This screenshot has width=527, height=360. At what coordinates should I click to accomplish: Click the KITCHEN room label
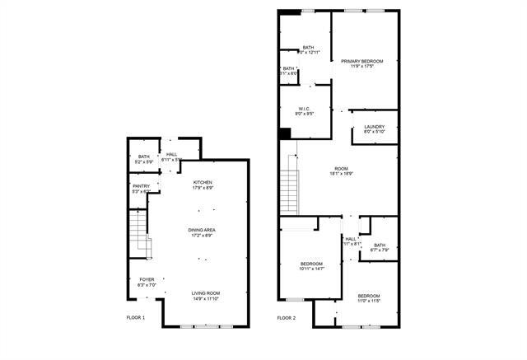203,182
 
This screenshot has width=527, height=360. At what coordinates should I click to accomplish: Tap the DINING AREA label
203,231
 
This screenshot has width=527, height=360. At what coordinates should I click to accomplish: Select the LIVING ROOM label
205,292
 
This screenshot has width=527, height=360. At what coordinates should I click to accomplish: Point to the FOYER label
147,279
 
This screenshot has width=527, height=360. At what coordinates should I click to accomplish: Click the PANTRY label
141,186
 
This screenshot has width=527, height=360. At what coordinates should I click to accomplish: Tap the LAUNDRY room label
375,126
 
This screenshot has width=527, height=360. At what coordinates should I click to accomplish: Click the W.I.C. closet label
305,108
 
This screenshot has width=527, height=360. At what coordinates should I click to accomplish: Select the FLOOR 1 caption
136,317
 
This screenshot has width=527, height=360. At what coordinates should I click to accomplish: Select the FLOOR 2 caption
286,317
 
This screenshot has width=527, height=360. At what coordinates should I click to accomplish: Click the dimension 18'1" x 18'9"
341,174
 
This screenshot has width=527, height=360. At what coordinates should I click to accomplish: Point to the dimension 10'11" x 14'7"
311,269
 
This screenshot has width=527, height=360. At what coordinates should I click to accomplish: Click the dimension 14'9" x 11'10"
205,298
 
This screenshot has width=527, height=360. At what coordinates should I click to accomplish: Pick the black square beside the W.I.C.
285,133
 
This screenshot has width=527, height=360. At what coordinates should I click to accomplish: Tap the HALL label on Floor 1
171,154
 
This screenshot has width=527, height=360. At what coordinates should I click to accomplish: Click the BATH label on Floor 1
144,157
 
